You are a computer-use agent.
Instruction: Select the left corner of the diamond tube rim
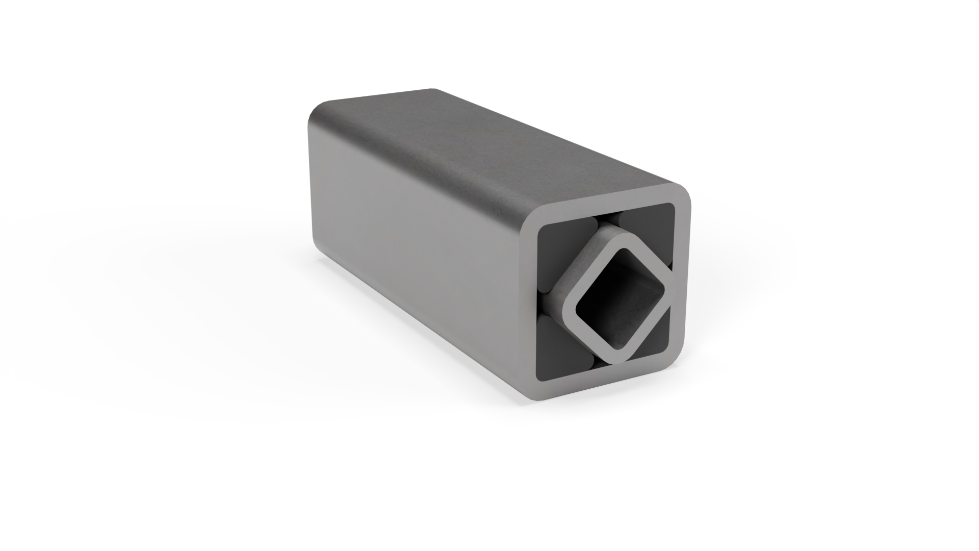click(x=565, y=311)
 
